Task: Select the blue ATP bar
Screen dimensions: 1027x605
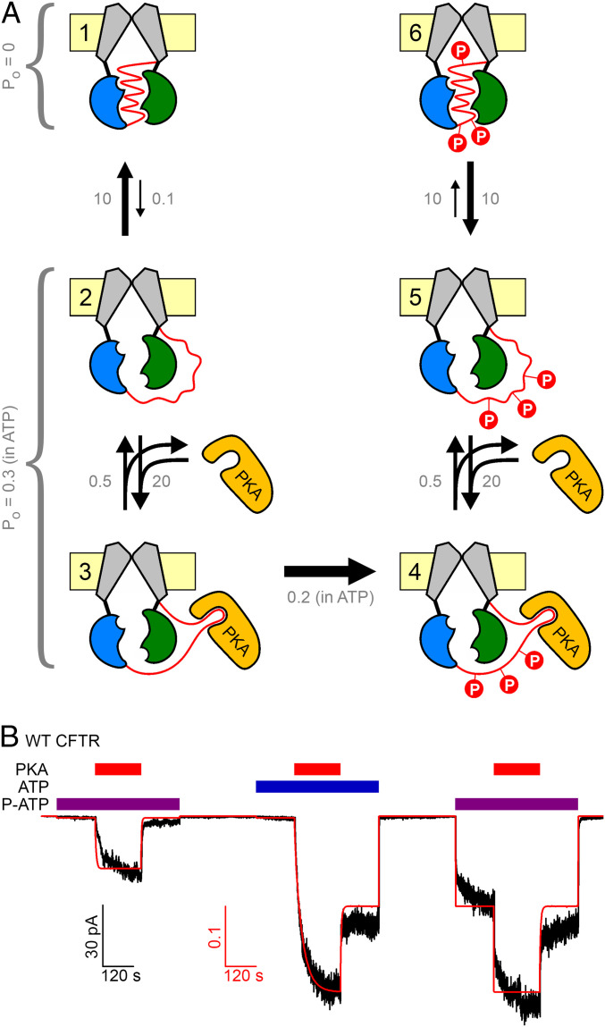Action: point(317,787)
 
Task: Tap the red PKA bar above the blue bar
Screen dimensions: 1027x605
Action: point(317,770)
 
